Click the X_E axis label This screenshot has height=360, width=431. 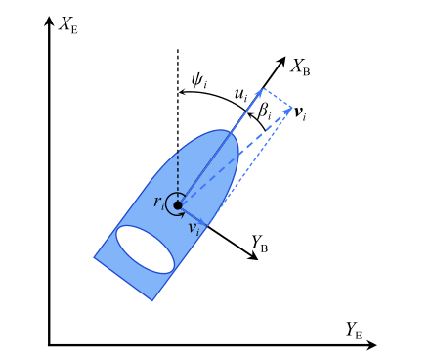coord(68,24)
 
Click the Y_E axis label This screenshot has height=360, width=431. coord(354,330)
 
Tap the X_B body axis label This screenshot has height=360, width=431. coord(301,67)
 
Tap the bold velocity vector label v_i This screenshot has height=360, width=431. coord(300,114)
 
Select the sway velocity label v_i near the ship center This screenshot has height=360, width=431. coord(194,229)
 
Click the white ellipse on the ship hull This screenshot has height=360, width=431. coord(146,248)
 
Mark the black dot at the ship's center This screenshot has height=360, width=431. coord(178,205)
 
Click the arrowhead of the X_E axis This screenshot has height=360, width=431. coord(49,20)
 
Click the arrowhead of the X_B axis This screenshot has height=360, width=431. coord(283,56)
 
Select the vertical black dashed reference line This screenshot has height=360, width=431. coord(178,127)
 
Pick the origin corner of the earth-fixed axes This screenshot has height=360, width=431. coord(49,344)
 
